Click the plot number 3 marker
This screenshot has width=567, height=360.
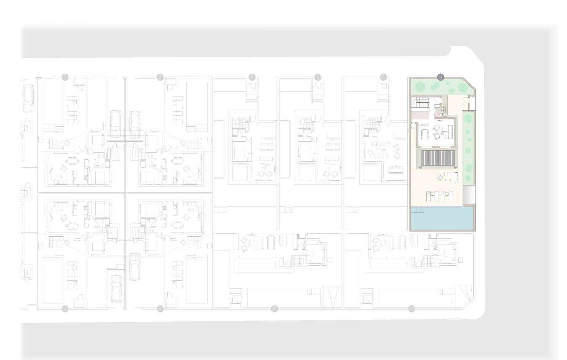tap(441, 77)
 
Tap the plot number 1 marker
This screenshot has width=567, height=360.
tap(274, 309)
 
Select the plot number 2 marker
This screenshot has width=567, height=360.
tap(412, 309)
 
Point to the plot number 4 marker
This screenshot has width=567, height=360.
tap(383, 77)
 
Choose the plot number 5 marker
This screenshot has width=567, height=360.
tap(318, 77)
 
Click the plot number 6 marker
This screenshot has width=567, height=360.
tap(252, 77)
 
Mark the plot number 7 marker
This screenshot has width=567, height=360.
tap(160, 77)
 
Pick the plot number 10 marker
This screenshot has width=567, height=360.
tap(65, 309)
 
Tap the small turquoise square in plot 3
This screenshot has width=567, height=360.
tap(414, 127)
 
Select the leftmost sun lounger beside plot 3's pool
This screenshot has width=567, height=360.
tap(430, 196)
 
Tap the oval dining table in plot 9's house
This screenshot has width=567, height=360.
tap(72, 160)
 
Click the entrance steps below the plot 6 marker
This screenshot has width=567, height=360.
tap(252, 97)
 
